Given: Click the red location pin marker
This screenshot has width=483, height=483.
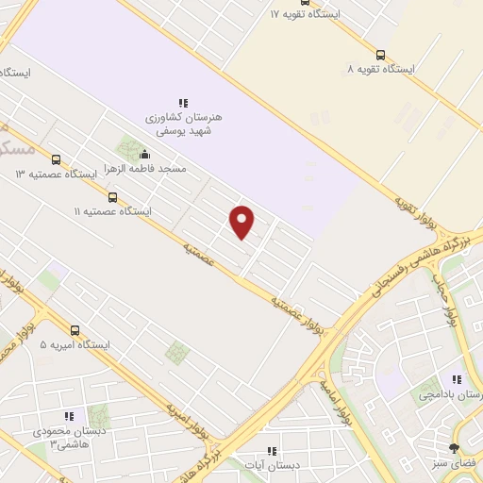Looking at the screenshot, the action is [242, 222].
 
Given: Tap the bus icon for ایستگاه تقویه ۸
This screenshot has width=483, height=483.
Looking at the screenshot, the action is [380, 55].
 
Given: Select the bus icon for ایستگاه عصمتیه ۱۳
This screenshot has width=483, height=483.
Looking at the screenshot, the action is [56, 160].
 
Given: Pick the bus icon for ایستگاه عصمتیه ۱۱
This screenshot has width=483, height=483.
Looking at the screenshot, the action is [113, 197].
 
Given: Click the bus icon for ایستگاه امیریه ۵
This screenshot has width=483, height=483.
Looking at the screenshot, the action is [75, 330].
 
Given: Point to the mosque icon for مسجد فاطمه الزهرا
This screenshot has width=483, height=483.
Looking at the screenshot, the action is [144, 155].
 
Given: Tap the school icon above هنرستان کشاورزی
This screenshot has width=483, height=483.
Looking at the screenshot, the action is [184, 102].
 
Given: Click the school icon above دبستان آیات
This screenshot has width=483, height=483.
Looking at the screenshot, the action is [272, 451].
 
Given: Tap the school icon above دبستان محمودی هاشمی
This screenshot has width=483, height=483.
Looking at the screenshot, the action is [68, 415].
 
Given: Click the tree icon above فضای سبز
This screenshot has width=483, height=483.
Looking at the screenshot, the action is [455, 448].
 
